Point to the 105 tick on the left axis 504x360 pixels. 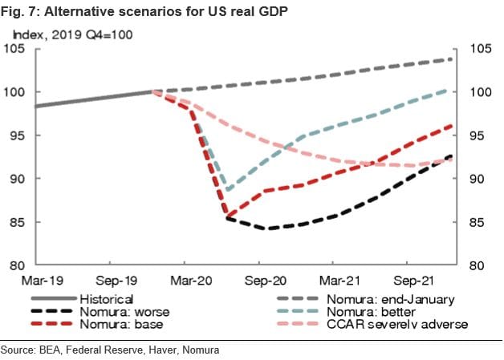pos(18,50)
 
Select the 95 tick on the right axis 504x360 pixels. pos(478,136)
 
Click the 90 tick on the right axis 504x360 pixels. pos(478,179)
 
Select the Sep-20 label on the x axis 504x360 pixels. pos(258,281)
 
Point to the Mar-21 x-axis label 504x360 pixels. pos(331,281)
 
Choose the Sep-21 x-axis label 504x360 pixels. pos(405,281)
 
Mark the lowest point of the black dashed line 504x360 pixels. pos(268,229)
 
